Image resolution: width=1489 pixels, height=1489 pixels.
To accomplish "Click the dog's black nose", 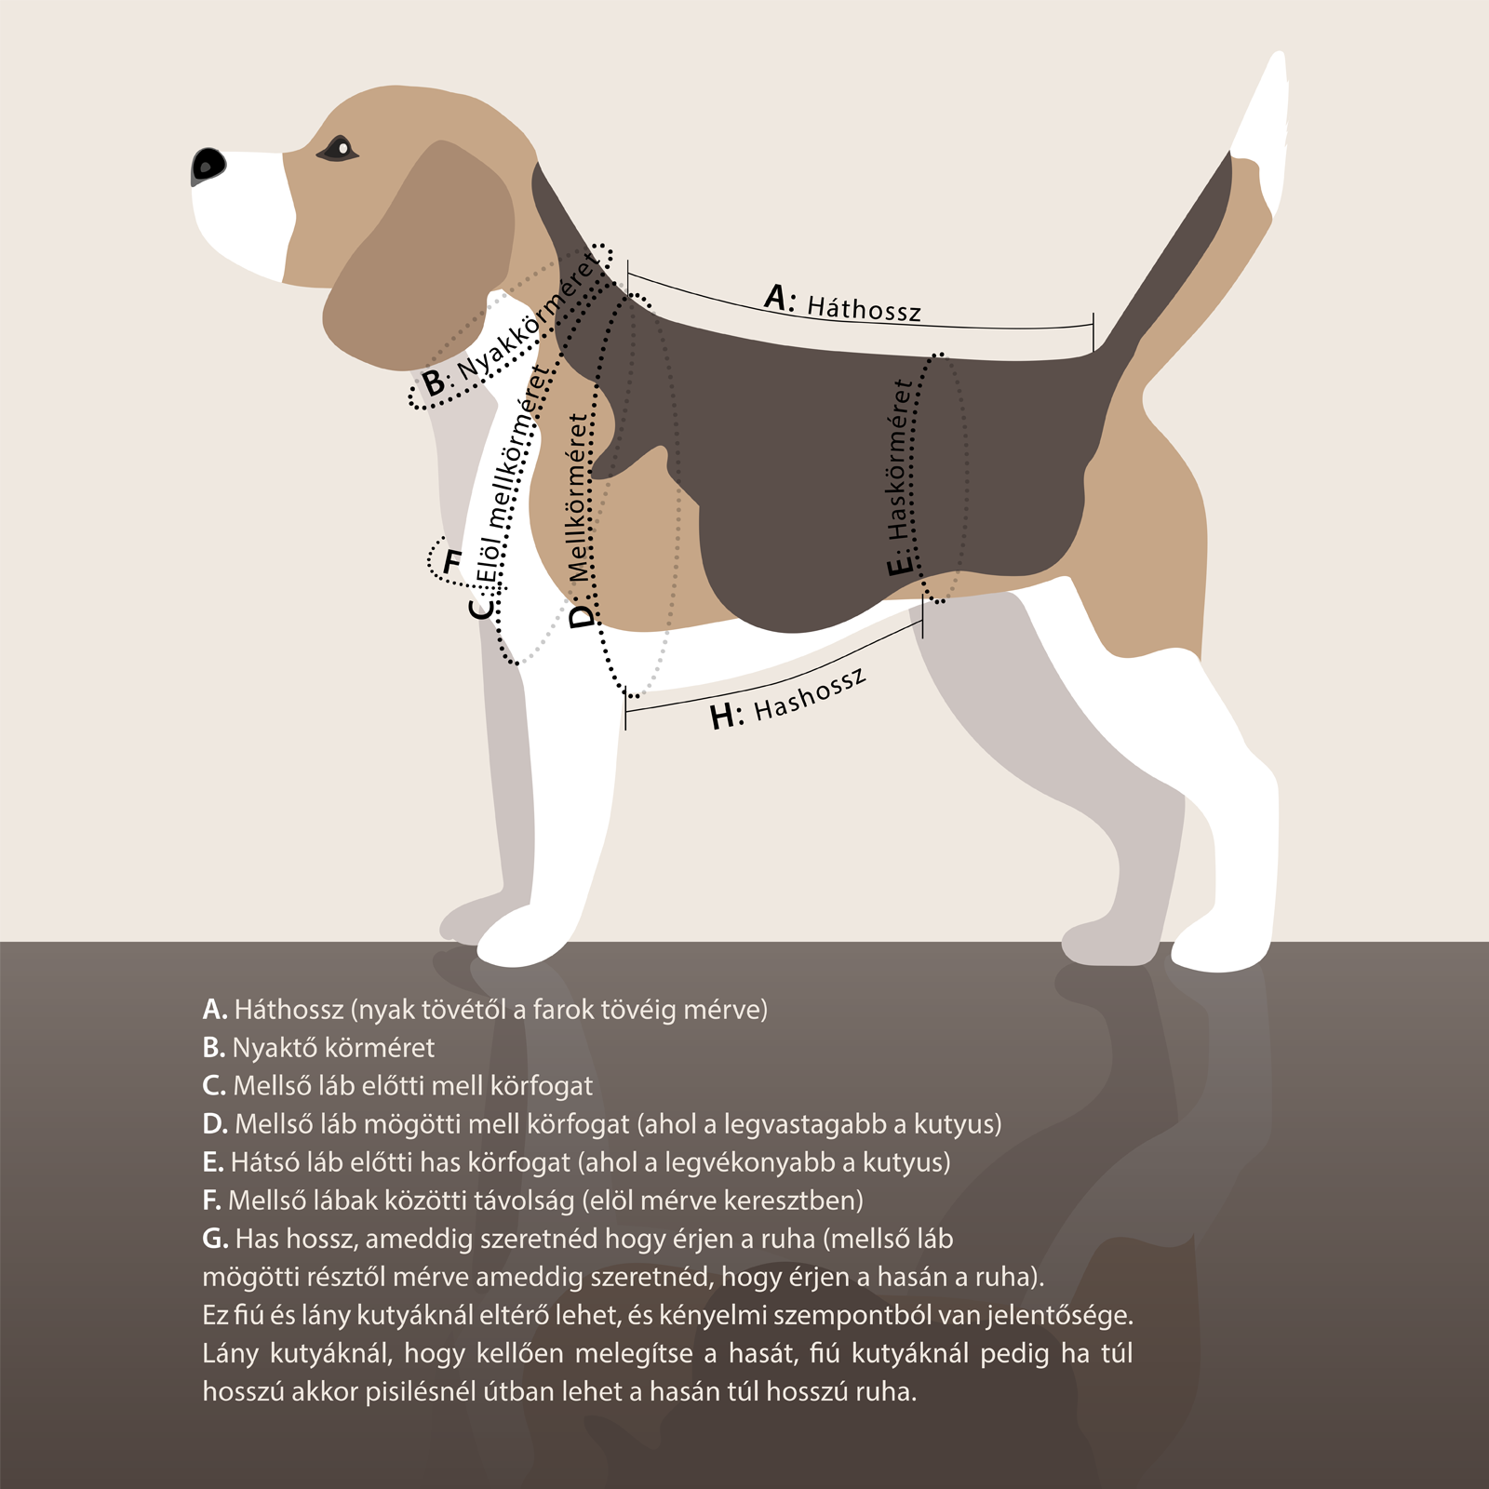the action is pyautogui.click(x=208, y=166).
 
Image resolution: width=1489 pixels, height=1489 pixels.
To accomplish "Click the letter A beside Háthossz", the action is pyautogui.click(x=779, y=297).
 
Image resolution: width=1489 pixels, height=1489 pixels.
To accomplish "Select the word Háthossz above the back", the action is pyautogui.click(x=864, y=309).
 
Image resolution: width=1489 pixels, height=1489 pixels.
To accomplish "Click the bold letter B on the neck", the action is pyautogui.click(x=434, y=382).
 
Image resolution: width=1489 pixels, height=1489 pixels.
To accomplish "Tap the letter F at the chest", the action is pyautogui.click(x=452, y=562).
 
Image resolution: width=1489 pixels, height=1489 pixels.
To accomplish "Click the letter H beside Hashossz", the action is pyautogui.click(x=724, y=717).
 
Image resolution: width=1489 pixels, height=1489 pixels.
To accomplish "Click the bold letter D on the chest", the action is pyautogui.click(x=581, y=616).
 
